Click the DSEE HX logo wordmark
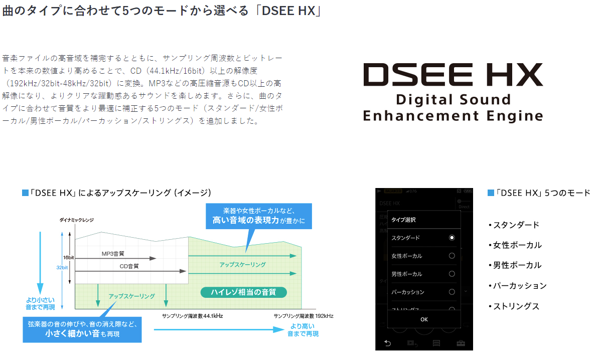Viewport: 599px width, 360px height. pyautogui.click(x=453, y=75)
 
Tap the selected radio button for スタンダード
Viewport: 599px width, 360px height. pyautogui.click(x=452, y=238)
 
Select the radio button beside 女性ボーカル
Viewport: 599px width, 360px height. pyautogui.click(x=452, y=256)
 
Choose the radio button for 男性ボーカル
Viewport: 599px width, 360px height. pyautogui.click(x=452, y=274)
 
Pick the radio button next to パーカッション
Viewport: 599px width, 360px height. pyautogui.click(x=452, y=292)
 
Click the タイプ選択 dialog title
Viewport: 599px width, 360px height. pyautogui.click(x=403, y=220)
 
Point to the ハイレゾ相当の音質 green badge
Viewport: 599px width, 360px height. pyautogui.click(x=244, y=292)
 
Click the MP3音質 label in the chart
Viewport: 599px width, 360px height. pyautogui.click(x=113, y=254)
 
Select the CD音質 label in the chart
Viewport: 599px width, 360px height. pyautogui.click(x=129, y=266)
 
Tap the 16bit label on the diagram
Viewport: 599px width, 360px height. pyautogui.click(x=69, y=257)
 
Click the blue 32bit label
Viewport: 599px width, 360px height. pyautogui.click(x=62, y=267)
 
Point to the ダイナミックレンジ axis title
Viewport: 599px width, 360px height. pyautogui.click(x=76, y=220)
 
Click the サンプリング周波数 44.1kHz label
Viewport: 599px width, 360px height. pyautogui.click(x=192, y=316)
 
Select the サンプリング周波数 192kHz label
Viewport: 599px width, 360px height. pyautogui.click(x=303, y=316)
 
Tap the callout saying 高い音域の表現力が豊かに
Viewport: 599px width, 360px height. pyautogui.click(x=259, y=216)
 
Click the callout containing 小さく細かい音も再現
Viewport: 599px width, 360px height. pyautogui.click(x=82, y=328)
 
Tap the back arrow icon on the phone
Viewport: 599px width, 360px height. pyautogui.click(x=387, y=343)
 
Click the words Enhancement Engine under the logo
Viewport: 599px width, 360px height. pyautogui.click(x=453, y=116)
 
